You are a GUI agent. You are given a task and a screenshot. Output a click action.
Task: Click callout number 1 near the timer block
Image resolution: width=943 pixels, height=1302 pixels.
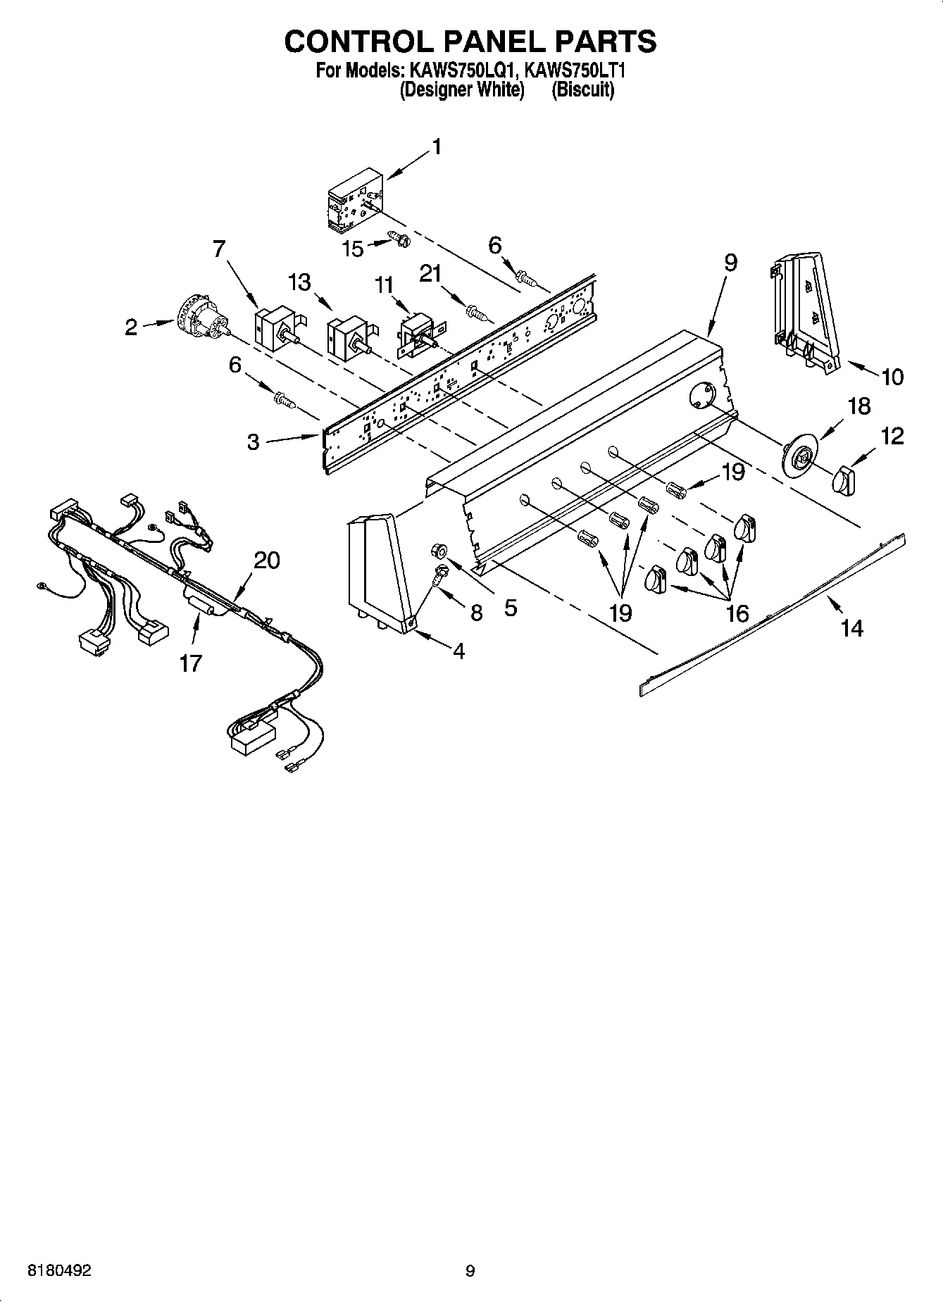(x=437, y=147)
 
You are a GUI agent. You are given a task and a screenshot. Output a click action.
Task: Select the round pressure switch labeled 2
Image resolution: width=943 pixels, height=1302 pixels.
(x=201, y=324)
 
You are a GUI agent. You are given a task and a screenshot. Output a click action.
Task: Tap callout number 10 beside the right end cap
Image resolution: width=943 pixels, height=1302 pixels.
(x=892, y=377)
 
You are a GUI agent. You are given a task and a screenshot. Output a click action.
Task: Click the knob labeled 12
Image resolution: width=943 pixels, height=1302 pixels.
(x=843, y=482)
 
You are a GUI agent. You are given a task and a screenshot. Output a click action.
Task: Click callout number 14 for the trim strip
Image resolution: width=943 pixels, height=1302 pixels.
(x=851, y=627)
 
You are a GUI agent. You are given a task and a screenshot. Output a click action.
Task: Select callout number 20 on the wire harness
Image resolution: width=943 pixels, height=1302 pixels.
(x=267, y=561)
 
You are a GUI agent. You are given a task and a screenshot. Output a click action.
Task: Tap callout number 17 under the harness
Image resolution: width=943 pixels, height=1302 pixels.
(x=190, y=663)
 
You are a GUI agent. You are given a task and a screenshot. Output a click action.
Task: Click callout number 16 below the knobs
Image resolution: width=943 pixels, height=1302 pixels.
(x=737, y=613)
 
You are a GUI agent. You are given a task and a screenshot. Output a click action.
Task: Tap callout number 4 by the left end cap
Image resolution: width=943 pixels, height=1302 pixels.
(x=458, y=651)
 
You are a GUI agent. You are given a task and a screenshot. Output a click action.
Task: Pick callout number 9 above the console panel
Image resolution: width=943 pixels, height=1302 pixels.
(x=730, y=263)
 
